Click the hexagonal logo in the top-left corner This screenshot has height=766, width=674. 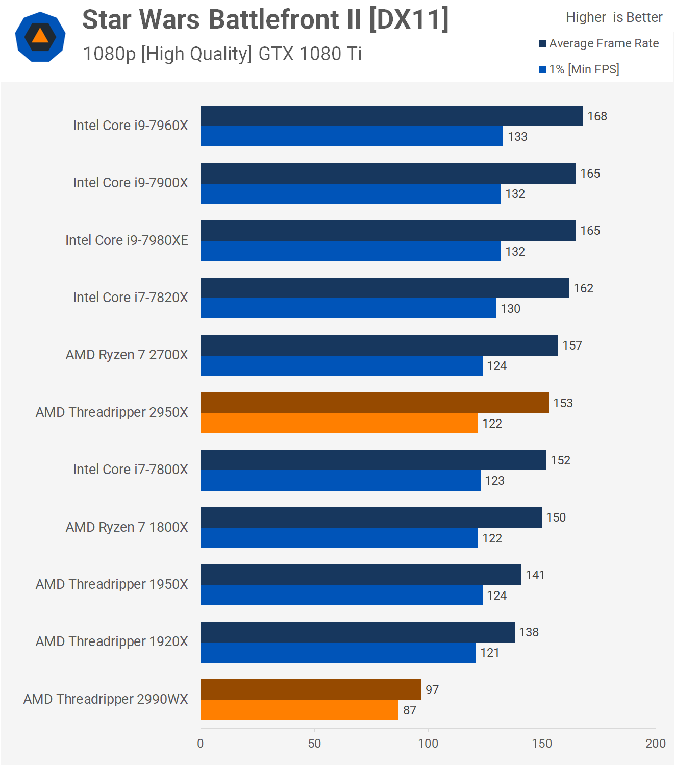tap(40, 37)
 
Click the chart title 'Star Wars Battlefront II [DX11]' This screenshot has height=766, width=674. tap(265, 20)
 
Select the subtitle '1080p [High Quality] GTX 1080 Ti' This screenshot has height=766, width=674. tap(222, 54)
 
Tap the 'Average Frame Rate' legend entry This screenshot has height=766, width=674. tap(599, 44)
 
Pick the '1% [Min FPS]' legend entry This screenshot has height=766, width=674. tap(580, 69)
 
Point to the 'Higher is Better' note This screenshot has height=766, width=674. tap(614, 17)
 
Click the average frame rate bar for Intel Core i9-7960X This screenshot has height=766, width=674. tap(391, 116)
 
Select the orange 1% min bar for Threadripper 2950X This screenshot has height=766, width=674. tap(339, 423)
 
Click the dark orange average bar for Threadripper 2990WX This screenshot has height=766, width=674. tap(311, 689)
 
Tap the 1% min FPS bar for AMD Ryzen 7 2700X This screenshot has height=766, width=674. tap(341, 366)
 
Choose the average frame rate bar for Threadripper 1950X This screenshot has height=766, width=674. tap(361, 575)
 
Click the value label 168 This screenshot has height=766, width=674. tap(597, 116)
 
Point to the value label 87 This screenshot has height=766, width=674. tap(410, 710)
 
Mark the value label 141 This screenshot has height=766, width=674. tap(535, 575)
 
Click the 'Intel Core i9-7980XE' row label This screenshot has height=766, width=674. tap(127, 240)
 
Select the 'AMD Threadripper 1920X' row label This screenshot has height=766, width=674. tap(112, 641)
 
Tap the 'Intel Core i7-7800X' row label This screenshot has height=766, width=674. tap(130, 470)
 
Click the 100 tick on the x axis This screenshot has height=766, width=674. tap(428, 744)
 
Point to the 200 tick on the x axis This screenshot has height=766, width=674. tap(655, 744)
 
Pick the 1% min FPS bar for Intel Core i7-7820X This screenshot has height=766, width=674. tap(348, 308)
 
